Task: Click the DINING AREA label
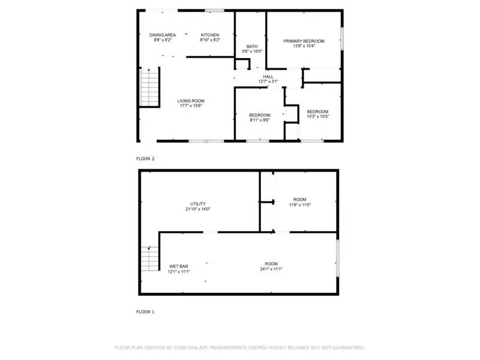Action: [163, 35]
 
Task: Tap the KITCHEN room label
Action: [210, 35]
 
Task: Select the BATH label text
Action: [252, 46]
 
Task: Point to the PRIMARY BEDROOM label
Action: [304, 41]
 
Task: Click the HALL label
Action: [268, 76]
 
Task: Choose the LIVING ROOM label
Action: [191, 100]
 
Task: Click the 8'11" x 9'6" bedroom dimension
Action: [260, 120]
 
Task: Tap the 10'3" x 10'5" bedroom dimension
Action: [317, 116]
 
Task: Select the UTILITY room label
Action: [198, 204]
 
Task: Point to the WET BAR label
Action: [179, 266]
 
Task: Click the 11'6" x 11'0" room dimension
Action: [299, 205]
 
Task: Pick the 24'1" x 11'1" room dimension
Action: [271, 269]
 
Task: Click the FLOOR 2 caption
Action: [145, 159]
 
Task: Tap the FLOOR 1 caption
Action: [145, 312]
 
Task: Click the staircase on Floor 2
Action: [149, 88]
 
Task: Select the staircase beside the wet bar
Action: [149, 259]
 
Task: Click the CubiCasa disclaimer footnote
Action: [239, 347]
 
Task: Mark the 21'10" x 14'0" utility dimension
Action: [198, 209]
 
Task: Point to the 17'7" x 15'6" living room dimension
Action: [191, 106]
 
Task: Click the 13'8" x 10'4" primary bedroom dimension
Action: [304, 46]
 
